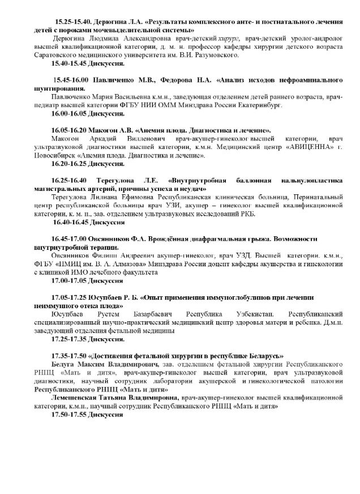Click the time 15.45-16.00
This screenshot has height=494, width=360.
point(71,80)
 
